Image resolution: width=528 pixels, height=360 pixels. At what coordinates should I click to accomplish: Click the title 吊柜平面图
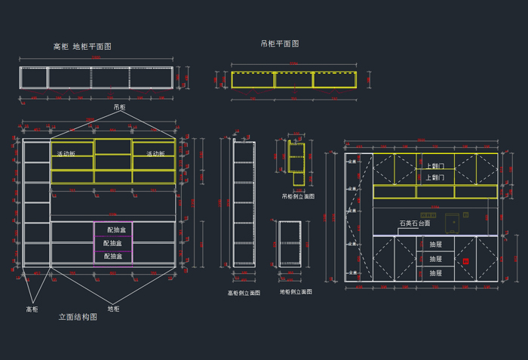point(280,44)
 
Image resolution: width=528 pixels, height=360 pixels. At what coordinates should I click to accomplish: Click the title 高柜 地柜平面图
point(82,47)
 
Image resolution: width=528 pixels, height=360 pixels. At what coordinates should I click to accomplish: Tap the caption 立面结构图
point(78,318)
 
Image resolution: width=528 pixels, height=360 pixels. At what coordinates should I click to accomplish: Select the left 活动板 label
point(66,154)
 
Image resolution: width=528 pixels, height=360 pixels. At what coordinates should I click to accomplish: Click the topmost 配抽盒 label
point(117,229)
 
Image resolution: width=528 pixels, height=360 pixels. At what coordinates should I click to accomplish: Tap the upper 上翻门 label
point(434,166)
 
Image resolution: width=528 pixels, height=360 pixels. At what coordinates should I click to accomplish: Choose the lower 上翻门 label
point(434,178)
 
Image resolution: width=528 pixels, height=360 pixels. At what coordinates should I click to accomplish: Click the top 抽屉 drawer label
point(436,245)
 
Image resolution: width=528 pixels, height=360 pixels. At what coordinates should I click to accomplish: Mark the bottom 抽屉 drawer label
point(436,272)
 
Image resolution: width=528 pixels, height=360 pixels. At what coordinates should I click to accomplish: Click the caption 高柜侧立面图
point(244,293)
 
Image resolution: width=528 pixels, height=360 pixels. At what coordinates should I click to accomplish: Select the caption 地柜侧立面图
point(296,291)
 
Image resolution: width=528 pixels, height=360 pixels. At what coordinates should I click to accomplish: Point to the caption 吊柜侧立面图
point(298,196)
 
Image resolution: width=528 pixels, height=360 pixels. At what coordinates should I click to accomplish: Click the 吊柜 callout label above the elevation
point(119,108)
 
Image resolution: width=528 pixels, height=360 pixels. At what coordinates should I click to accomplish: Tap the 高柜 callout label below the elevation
point(32,309)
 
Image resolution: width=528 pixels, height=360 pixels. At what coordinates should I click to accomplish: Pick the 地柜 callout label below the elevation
point(113,309)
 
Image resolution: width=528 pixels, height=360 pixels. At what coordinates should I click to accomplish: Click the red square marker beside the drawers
point(466,261)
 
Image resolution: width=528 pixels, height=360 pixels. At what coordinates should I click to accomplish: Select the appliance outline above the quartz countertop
point(453,223)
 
